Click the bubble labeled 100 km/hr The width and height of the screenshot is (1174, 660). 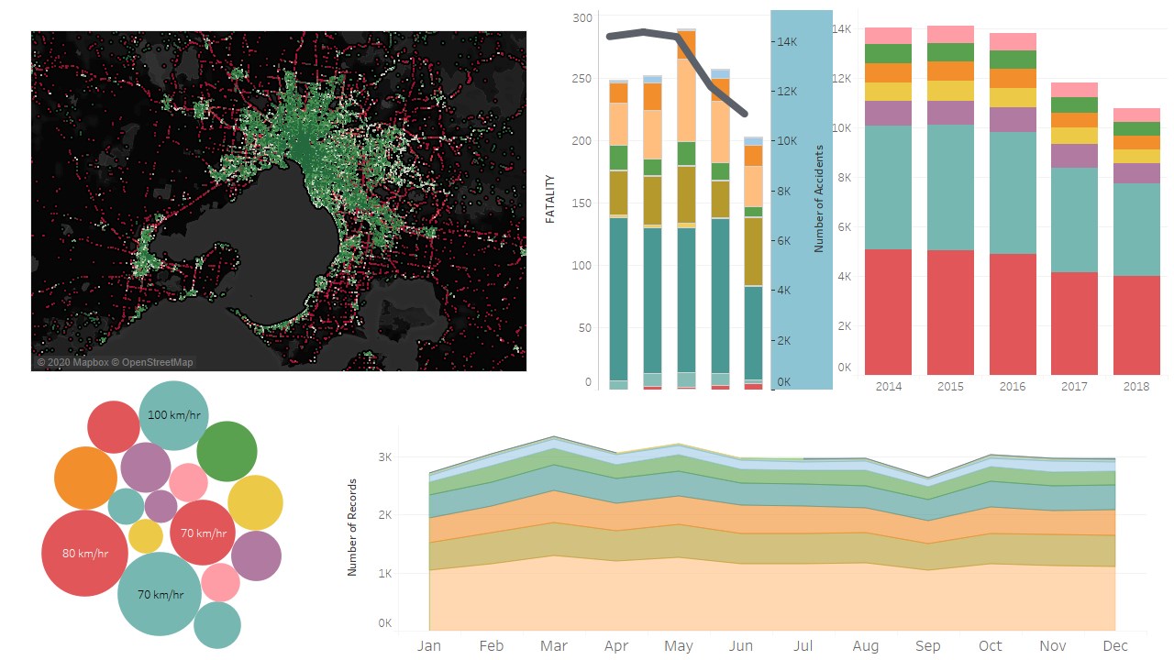click(x=173, y=415)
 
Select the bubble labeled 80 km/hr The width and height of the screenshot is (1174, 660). click(x=84, y=553)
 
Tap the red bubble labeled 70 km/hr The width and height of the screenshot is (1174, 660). click(x=203, y=533)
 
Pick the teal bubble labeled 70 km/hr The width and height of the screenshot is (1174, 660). click(x=160, y=594)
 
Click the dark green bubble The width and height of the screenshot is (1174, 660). click(x=226, y=451)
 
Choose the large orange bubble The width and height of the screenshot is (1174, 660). click(x=85, y=478)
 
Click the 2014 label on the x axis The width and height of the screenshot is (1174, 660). click(x=888, y=386)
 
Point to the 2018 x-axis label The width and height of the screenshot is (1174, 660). click(x=1136, y=386)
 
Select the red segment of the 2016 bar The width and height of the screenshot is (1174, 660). click(x=1013, y=313)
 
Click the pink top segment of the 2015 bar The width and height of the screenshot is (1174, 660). click(x=950, y=35)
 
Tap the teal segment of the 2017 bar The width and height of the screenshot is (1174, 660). click(x=1074, y=219)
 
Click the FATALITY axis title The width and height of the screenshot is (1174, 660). click(x=550, y=202)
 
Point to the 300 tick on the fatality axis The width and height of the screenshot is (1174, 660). click(x=581, y=17)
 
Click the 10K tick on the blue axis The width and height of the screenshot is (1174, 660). click(x=787, y=141)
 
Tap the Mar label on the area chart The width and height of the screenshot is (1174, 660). click(x=553, y=646)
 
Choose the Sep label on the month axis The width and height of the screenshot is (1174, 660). click(x=927, y=646)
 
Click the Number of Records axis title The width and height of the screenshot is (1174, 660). click(x=352, y=527)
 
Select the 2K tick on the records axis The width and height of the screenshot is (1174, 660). click(x=384, y=515)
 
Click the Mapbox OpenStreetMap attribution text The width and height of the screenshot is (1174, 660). click(x=116, y=362)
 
